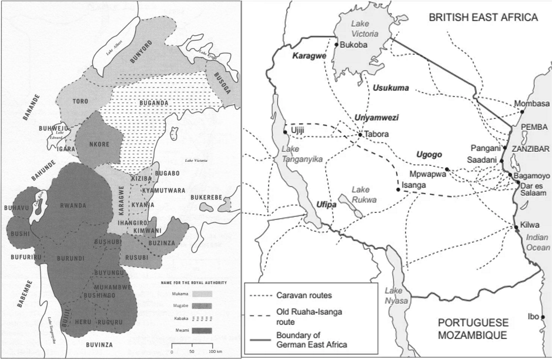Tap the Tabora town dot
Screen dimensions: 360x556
coord(360,135)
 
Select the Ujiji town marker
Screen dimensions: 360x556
coord(284,132)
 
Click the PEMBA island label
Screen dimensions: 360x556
coord(534,126)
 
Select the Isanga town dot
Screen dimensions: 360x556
coord(397,188)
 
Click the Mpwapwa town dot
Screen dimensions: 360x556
coord(447,169)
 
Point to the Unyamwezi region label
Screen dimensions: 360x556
coord(376,118)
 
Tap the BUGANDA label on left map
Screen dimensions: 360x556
coord(154,102)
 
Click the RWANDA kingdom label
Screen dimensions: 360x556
coord(73,205)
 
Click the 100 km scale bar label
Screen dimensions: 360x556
coord(216,352)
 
